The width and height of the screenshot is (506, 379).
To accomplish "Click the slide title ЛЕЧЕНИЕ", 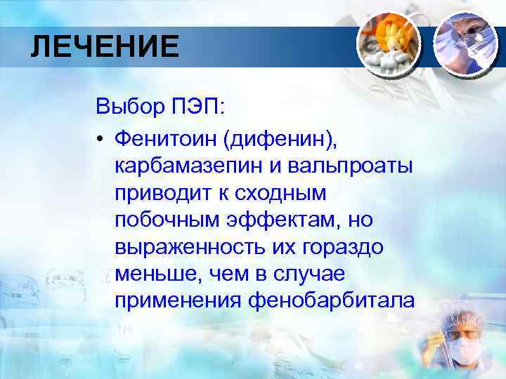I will pos(105,48).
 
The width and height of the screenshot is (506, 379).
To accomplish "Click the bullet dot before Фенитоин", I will pos(102,139).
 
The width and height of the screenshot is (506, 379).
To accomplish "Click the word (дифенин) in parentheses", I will pos(280,139).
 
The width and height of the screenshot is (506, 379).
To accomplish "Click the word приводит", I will pos(159,194).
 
